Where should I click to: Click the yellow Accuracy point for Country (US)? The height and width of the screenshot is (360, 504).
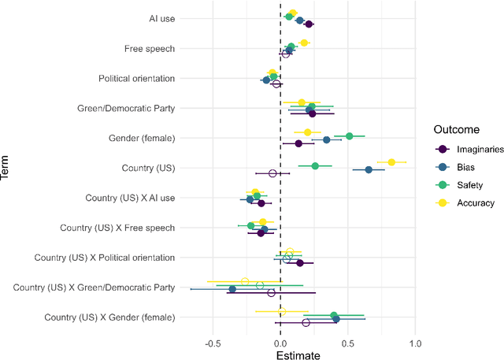391,162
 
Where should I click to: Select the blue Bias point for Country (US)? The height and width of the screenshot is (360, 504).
368,169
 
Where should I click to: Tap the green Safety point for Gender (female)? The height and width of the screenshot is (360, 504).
350,136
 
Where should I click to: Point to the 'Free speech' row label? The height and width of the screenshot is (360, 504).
150,49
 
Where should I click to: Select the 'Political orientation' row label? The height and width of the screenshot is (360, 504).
136,79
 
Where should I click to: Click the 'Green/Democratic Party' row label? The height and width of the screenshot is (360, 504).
126,108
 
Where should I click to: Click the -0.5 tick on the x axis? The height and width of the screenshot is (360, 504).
213,343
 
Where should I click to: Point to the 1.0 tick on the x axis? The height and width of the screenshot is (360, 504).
415,343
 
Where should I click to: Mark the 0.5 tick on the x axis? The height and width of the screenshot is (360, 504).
347,343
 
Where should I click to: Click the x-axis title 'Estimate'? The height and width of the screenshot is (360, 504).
298,355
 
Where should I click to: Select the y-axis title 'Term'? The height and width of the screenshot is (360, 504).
7,169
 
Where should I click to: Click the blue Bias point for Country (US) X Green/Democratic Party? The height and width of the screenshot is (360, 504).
232,289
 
